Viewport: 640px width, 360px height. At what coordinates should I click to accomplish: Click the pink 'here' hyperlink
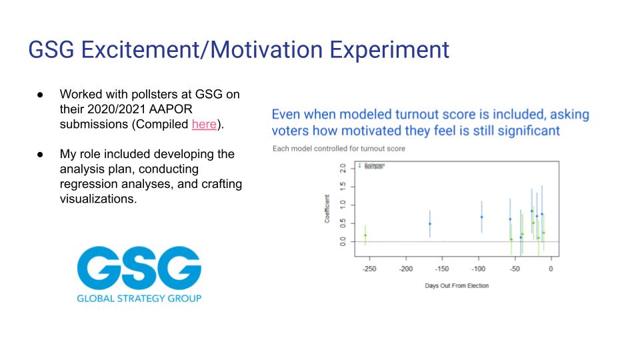coord(204,124)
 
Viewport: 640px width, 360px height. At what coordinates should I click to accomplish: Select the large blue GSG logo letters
coord(139,268)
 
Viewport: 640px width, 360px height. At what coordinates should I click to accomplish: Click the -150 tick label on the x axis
coord(441,269)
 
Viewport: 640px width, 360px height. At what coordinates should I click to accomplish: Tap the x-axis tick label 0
coord(551,269)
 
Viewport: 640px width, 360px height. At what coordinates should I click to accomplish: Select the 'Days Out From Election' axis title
coord(457,285)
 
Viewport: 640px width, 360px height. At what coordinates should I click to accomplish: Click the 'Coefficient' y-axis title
coord(327,209)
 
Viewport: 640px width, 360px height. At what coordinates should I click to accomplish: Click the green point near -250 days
coord(365,235)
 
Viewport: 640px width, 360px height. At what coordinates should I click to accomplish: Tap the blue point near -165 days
coord(430,224)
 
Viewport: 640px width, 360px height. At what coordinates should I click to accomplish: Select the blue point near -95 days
coord(481,217)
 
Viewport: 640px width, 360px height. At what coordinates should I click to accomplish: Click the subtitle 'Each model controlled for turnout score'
coord(339,148)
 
